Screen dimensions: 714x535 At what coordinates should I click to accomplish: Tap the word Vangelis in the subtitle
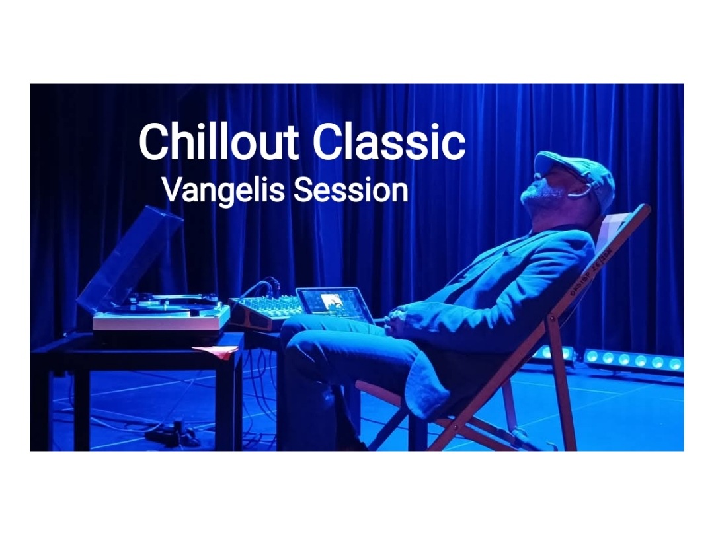pyautogui.click(x=223, y=191)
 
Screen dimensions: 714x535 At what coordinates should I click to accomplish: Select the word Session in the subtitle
pyautogui.click(x=350, y=190)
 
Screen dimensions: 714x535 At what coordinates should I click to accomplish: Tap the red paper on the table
pyautogui.click(x=216, y=350)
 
